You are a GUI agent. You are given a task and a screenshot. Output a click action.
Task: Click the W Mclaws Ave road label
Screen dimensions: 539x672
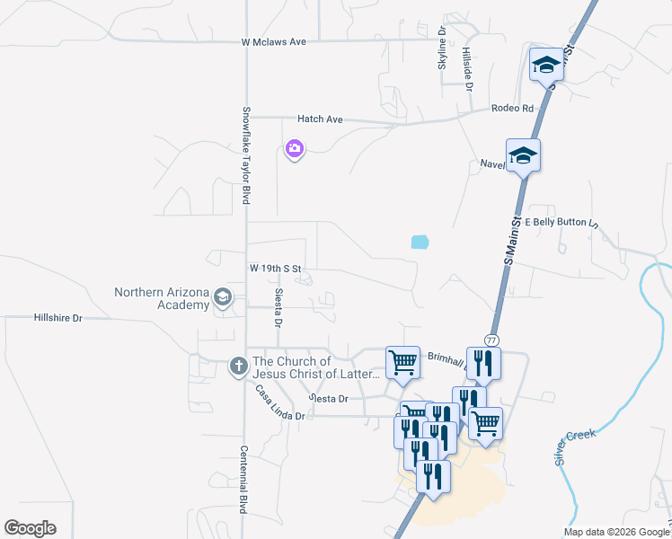click(x=274, y=41)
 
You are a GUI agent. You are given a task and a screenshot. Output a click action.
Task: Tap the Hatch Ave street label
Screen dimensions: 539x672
click(x=321, y=119)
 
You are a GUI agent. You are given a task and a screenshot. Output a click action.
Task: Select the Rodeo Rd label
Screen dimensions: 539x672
click(x=512, y=109)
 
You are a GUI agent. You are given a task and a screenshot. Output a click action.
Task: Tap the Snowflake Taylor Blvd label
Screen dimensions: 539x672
click(x=244, y=155)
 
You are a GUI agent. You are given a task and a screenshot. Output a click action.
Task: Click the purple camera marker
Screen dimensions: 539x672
click(x=294, y=149)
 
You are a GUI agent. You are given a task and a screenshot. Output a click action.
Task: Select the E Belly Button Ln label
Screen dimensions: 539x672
click(x=561, y=222)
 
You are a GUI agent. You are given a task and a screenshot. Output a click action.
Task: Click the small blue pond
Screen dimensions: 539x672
click(x=420, y=241)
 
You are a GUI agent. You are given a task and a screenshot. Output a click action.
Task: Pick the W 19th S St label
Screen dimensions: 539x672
click(x=279, y=268)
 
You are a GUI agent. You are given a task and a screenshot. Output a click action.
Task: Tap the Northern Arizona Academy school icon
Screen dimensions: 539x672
click(x=224, y=298)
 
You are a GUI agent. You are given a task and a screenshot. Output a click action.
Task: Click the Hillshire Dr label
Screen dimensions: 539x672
click(x=57, y=318)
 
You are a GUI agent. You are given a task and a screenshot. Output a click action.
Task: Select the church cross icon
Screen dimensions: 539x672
click(x=238, y=367)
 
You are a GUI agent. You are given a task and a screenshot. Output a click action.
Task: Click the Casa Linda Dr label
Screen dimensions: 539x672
click(x=280, y=404)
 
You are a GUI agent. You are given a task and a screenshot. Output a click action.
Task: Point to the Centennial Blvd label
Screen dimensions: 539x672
click(x=243, y=480)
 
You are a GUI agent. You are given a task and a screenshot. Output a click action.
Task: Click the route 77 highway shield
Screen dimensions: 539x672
click(x=491, y=340)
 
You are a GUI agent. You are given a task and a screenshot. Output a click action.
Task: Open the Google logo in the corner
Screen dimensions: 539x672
click(x=30, y=528)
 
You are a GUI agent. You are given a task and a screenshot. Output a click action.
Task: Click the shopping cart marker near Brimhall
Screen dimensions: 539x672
click(x=402, y=362)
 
